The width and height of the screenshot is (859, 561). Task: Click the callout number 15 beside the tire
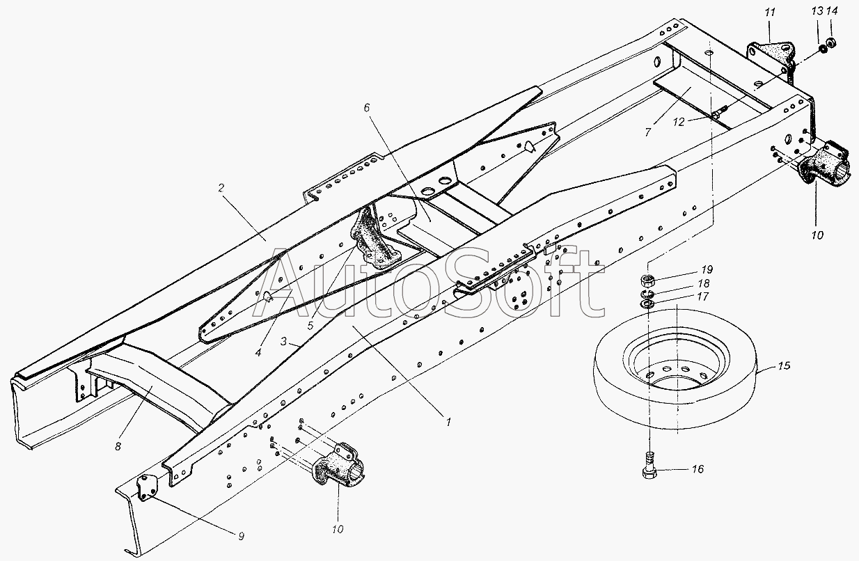[x=784, y=365]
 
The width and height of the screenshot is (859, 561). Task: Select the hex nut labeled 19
[x=647, y=281]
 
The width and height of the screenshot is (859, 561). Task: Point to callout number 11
[x=770, y=13]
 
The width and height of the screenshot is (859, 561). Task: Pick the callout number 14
[x=832, y=11]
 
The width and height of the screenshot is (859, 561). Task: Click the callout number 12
[x=679, y=123]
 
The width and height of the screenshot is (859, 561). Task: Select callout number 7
[x=647, y=132]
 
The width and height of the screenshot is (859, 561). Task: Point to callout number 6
[x=367, y=108]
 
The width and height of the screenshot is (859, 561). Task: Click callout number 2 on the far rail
[x=221, y=188]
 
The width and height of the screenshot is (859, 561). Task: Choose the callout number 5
[x=310, y=326]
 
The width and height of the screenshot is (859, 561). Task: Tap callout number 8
[x=118, y=446]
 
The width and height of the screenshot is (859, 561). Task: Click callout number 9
[x=241, y=536]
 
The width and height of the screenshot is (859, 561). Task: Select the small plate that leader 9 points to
[x=145, y=488]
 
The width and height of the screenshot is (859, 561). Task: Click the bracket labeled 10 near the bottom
[x=338, y=465]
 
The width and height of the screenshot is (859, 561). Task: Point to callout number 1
[x=448, y=422]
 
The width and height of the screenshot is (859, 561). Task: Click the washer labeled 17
[x=647, y=304]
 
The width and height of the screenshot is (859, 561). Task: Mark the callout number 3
[x=283, y=341]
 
